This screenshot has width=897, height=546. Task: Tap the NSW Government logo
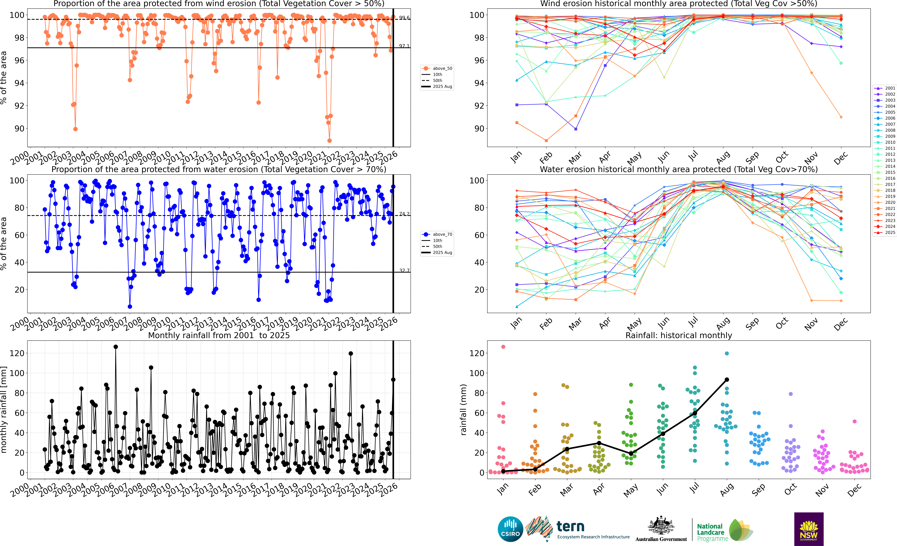pyautogui.click(x=809, y=529)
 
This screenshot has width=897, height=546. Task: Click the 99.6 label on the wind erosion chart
pyautogui.click(x=404, y=18)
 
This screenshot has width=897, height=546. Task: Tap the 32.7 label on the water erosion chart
pyautogui.click(x=404, y=270)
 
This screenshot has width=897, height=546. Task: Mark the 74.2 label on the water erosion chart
pyautogui.click(x=404, y=214)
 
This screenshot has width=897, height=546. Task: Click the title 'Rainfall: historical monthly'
pyautogui.click(x=679, y=335)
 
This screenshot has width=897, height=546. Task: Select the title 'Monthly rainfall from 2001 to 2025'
pyautogui.click(x=219, y=335)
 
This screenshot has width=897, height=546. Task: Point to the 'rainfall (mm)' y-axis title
pyautogui.click(x=463, y=410)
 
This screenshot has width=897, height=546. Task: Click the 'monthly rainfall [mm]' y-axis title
pyautogui.click(x=4, y=410)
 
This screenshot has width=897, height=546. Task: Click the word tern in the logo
pyautogui.click(x=570, y=526)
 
